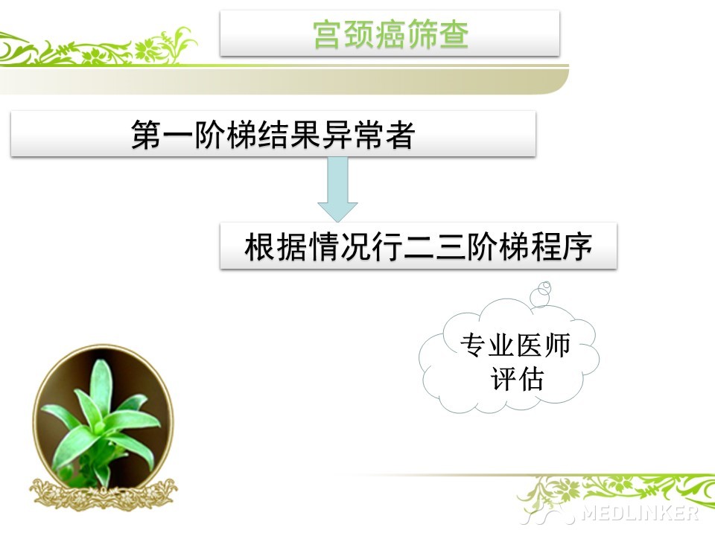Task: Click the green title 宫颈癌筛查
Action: (391, 33)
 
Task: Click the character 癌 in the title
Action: (391, 33)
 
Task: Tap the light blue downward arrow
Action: (337, 189)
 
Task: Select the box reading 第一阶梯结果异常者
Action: (273, 134)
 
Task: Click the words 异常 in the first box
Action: (353, 135)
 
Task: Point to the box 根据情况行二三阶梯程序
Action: (418, 246)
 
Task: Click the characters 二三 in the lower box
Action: (434, 246)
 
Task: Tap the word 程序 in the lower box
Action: (562, 246)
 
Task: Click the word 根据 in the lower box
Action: (276, 246)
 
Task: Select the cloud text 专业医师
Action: (515, 345)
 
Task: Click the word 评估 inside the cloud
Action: (517, 379)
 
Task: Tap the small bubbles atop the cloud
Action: (541, 294)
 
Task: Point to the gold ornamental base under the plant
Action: (104, 494)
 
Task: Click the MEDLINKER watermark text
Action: (641, 513)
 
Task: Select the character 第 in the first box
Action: (147, 135)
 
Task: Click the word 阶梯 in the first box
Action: (226, 135)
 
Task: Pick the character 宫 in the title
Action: (328, 33)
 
